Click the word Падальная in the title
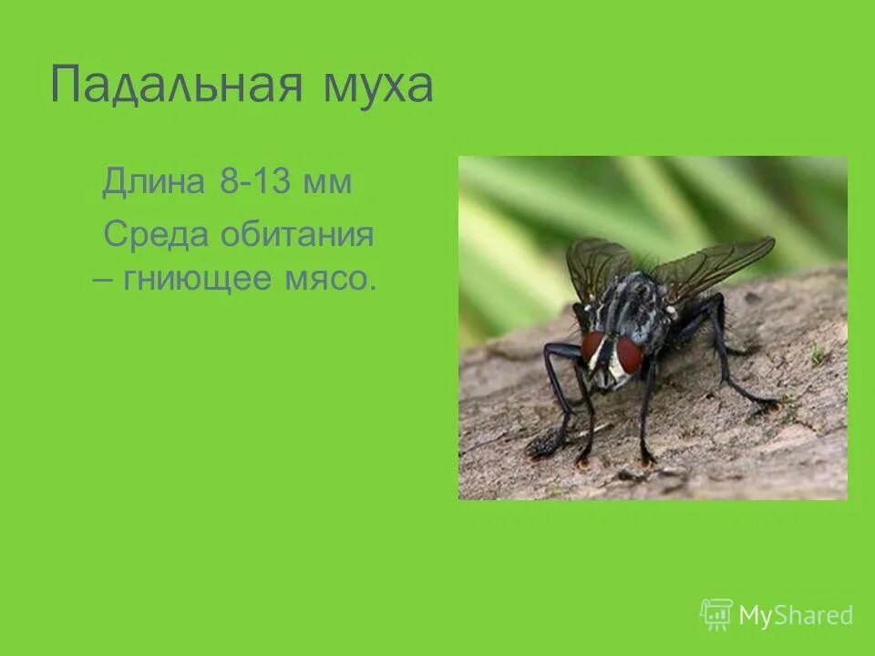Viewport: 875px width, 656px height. click(173, 86)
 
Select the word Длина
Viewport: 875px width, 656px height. click(154, 181)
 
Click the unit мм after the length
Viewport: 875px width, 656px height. click(328, 182)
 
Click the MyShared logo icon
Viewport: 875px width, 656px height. click(715, 615)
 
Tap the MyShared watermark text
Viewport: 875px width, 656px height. click(796, 616)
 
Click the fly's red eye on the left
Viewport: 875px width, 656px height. click(592, 346)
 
